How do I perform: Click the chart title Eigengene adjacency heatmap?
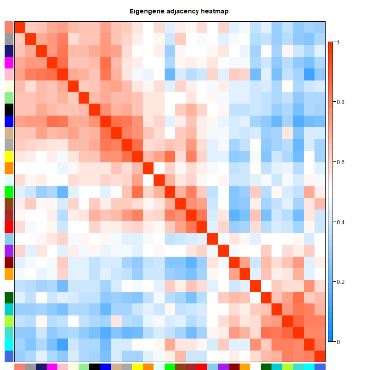pyautogui.click(x=185, y=11)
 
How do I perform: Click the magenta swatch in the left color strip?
pyautogui.click(x=9, y=62)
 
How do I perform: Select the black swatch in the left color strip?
pyautogui.click(x=9, y=109)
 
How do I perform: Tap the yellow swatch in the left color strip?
pyautogui.click(x=9, y=156)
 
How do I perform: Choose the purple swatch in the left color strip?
pyautogui.click(x=9, y=251)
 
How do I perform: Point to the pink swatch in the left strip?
pyautogui.click(x=9, y=74)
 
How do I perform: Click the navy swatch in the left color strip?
pyautogui.click(x=9, y=50)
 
